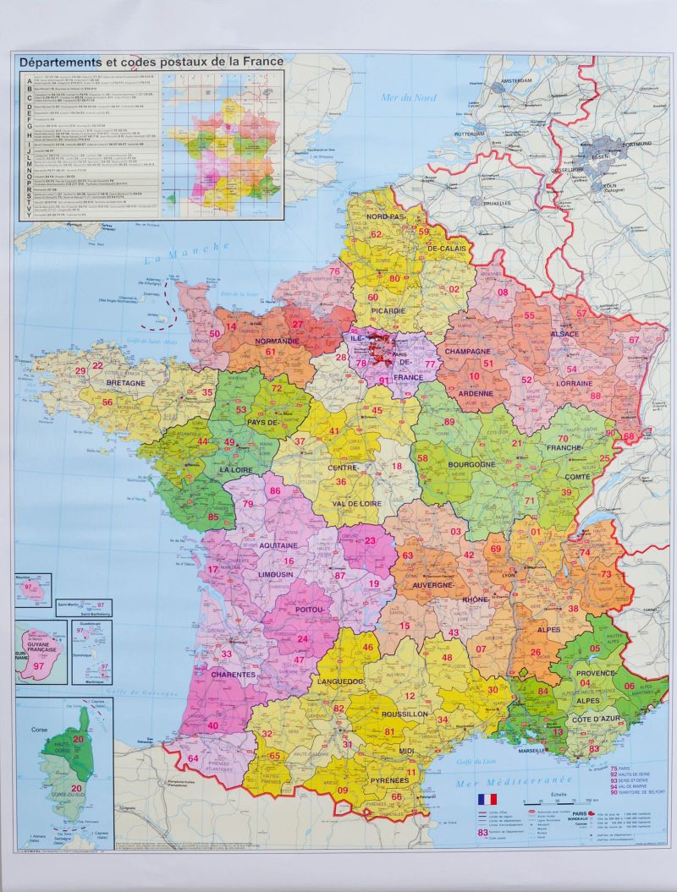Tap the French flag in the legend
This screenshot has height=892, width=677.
pyautogui.click(x=487, y=798)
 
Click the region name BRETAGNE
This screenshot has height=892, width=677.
pyautogui.click(x=126, y=383)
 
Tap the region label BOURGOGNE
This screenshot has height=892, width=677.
pyautogui.click(x=465, y=465)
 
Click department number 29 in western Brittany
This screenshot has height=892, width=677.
pyautogui.click(x=81, y=370)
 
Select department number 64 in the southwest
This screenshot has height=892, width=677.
pyautogui.click(x=193, y=758)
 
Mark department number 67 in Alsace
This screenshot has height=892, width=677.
pyautogui.click(x=634, y=340)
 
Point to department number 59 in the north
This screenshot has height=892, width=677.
pyautogui.click(x=424, y=232)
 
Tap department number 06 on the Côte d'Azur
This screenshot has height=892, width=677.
pyautogui.click(x=629, y=686)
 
